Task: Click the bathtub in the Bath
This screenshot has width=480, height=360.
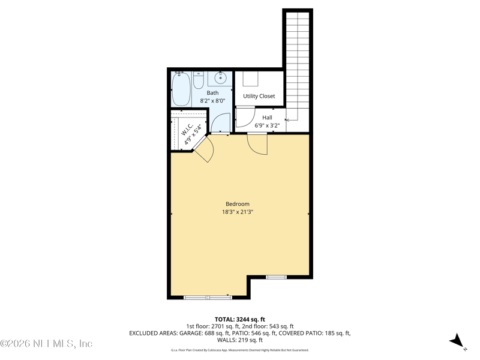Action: click(181, 89)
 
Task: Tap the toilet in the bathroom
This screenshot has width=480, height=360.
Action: click(199, 80)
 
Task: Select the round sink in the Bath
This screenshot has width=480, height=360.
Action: click(221, 77)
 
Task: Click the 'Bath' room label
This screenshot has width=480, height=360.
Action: click(212, 93)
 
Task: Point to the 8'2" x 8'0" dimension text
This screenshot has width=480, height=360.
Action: click(212, 101)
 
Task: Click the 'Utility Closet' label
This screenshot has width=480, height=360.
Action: click(259, 96)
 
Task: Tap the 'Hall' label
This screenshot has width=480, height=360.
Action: click(267, 118)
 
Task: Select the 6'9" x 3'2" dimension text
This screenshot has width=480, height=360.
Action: click(267, 126)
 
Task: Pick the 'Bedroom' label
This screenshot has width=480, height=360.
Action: click(238, 204)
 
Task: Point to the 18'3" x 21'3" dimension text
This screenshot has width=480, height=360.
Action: click(238, 212)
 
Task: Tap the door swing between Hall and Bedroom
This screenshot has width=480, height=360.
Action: click(257, 143)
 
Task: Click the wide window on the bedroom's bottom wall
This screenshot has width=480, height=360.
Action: click(208, 297)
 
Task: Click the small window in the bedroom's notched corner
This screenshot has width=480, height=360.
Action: click(277, 277)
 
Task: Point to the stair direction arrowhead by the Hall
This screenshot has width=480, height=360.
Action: click(287, 120)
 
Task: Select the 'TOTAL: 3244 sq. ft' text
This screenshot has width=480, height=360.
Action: click(239, 319)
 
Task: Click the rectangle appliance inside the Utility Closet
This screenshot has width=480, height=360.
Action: click(251, 79)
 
